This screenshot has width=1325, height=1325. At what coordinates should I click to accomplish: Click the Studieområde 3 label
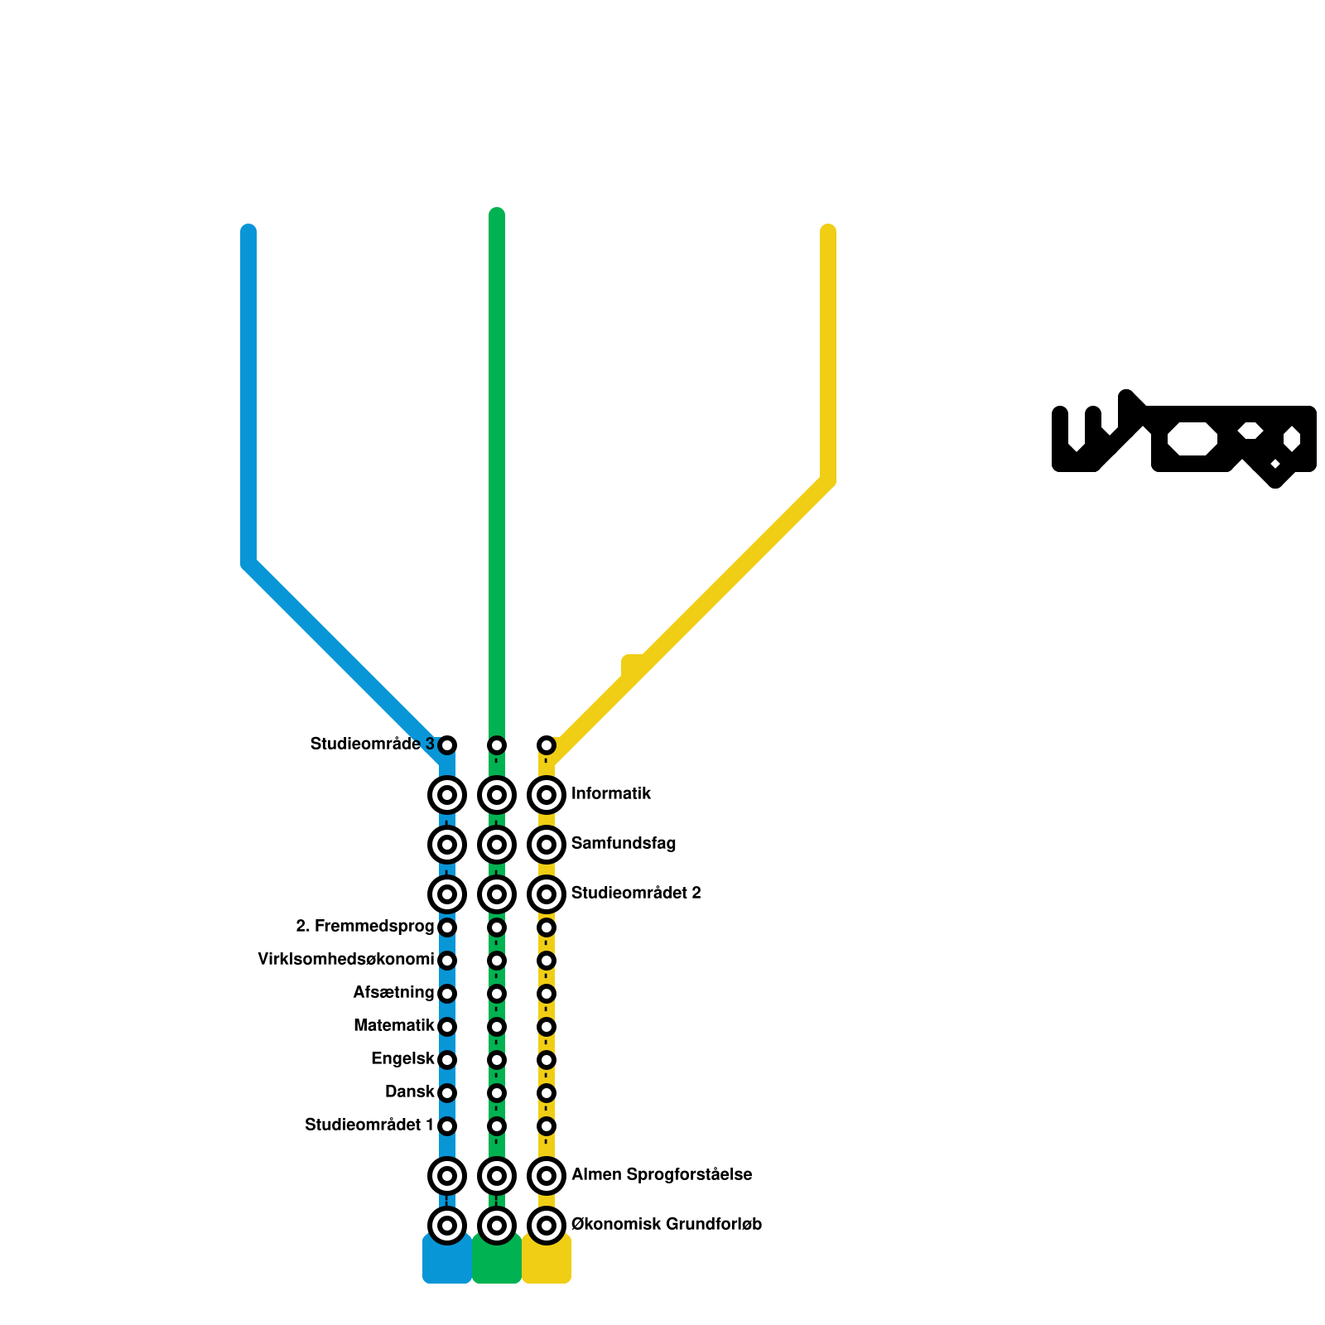(372, 744)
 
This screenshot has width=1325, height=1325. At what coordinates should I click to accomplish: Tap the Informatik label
(611, 793)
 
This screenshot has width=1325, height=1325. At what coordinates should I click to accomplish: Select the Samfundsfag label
(624, 843)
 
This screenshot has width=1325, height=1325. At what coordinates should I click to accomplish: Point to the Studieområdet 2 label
(636, 893)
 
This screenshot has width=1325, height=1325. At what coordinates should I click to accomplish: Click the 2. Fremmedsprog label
(365, 926)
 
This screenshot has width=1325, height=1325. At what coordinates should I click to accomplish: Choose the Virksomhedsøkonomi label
(346, 959)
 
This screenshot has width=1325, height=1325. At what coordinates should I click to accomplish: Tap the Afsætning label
(393, 992)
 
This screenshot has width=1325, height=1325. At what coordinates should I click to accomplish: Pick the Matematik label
(394, 1025)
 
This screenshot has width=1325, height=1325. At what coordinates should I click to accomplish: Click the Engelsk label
(402, 1058)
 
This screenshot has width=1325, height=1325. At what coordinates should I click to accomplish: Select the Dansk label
(410, 1091)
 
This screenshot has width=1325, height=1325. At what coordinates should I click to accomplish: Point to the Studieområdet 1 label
(369, 1125)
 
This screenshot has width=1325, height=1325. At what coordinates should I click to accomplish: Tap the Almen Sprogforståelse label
(662, 1174)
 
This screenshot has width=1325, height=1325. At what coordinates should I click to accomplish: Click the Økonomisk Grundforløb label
(667, 1224)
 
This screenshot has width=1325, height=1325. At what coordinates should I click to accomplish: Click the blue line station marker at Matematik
(447, 1027)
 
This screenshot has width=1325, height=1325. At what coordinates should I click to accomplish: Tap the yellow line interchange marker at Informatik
(547, 795)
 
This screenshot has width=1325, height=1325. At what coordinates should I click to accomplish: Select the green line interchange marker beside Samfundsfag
(497, 845)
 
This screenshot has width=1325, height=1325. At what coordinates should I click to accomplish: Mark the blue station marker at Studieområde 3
(447, 745)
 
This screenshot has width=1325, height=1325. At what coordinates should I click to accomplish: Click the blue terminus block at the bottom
(447, 1263)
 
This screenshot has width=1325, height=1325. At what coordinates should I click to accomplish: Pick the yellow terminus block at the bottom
(547, 1263)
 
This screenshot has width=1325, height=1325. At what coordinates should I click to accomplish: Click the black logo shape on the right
(1184, 439)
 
